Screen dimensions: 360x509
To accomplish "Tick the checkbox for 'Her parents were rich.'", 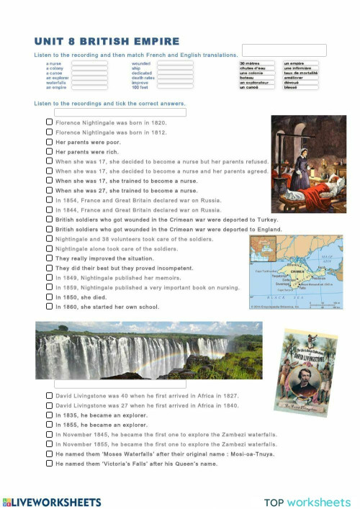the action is click(x=49, y=152).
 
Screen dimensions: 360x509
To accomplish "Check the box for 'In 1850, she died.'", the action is click(x=49, y=296).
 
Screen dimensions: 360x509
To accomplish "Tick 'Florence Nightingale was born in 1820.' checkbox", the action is click(x=49, y=123).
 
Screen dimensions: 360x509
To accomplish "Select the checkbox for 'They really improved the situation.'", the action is click(x=49, y=258).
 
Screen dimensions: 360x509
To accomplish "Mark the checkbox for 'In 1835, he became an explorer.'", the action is click(x=49, y=415).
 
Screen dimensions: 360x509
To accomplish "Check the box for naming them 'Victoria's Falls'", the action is click(x=49, y=464).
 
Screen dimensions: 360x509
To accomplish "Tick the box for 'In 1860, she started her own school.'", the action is click(x=49, y=306).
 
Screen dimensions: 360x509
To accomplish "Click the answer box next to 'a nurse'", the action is click(x=89, y=63).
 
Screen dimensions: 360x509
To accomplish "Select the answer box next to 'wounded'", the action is click(x=175, y=63).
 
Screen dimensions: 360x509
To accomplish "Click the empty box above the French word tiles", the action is click(x=284, y=50).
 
